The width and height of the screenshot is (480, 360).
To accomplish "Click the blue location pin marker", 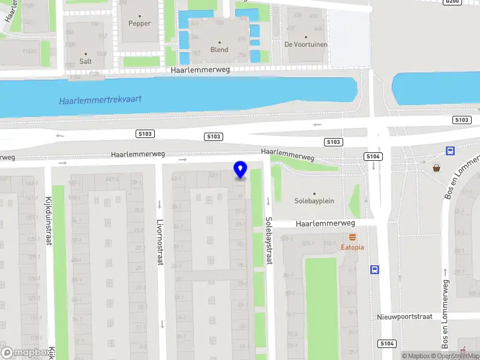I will pos(240,170).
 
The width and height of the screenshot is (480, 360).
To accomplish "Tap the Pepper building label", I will pos(140,23).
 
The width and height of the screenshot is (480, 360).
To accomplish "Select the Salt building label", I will pos(85,61).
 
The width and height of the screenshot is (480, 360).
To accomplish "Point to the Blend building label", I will pos(219,50).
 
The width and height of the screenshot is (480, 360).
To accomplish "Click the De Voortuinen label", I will pos(305,44).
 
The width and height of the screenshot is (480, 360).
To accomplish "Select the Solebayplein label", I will pos(314,201).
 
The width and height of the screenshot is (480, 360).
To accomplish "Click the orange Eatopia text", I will pos(353,247).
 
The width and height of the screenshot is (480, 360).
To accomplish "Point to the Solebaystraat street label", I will pos(269,241).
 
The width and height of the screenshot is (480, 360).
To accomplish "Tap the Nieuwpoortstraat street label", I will pos(405,316).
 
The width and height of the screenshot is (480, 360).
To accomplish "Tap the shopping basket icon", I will pos(437,167).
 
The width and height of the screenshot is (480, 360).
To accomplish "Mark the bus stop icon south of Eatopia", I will pos(375,269).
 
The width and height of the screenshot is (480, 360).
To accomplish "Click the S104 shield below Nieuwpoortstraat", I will pos(386,344).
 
